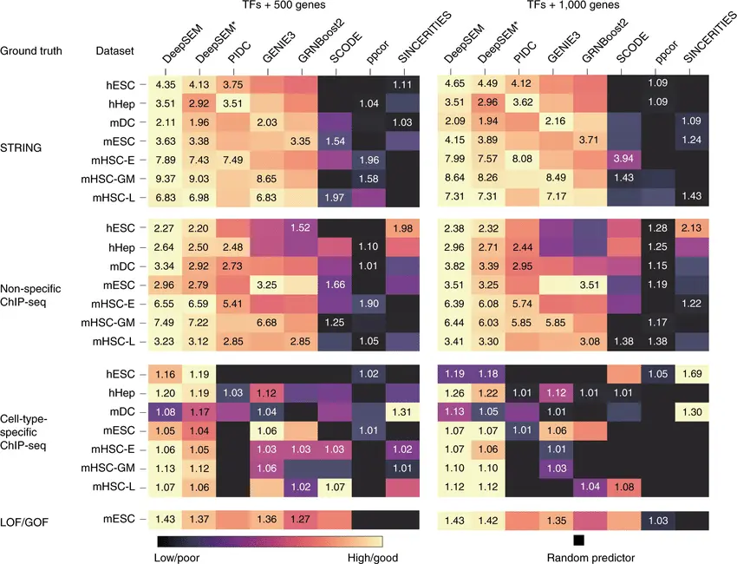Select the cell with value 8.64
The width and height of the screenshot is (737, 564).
point(454,179)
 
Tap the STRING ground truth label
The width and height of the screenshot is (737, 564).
point(22,147)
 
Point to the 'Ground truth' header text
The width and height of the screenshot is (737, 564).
point(31,51)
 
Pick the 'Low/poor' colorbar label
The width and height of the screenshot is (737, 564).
point(179,558)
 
